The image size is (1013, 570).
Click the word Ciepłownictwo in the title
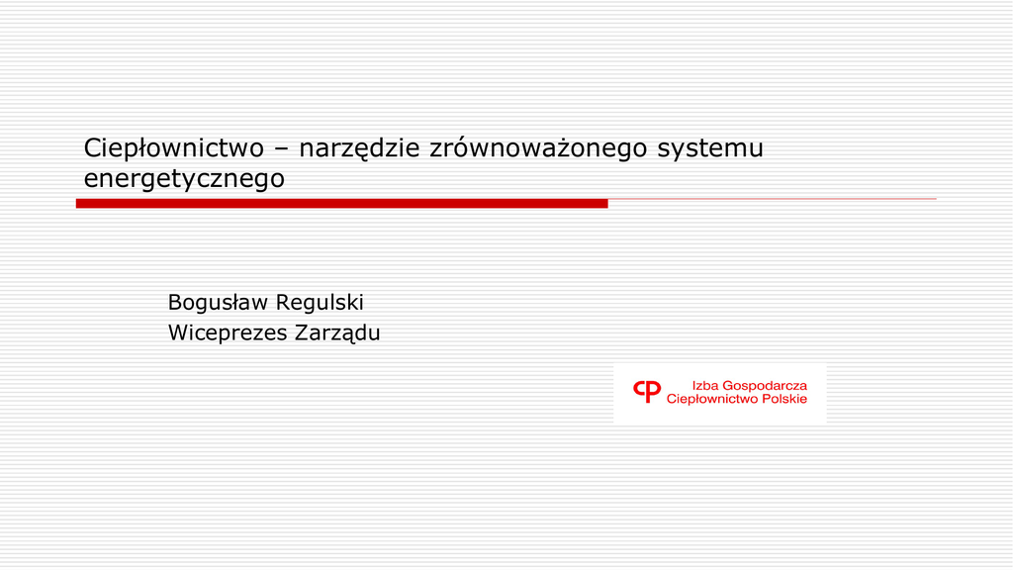pyautogui.click(x=174, y=149)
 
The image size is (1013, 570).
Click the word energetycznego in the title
pyautogui.click(x=184, y=179)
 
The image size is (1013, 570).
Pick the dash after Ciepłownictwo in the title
pyautogui.click(x=281, y=150)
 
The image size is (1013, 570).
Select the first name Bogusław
pyautogui.click(x=216, y=303)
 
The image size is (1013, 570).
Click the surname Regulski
pyautogui.click(x=318, y=303)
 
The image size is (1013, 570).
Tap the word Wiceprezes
pyautogui.click(x=228, y=333)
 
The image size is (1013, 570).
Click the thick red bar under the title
pyautogui.click(x=341, y=204)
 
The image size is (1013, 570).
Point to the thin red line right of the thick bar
pyautogui.click(x=772, y=199)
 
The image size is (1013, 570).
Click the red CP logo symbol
pyautogui.click(x=647, y=391)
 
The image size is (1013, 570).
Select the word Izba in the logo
pyautogui.click(x=704, y=386)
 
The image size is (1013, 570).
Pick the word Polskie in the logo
pyautogui.click(x=784, y=399)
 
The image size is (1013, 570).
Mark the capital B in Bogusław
pyautogui.click(x=175, y=303)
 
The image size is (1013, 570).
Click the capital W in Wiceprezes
pyautogui.click(x=180, y=332)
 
